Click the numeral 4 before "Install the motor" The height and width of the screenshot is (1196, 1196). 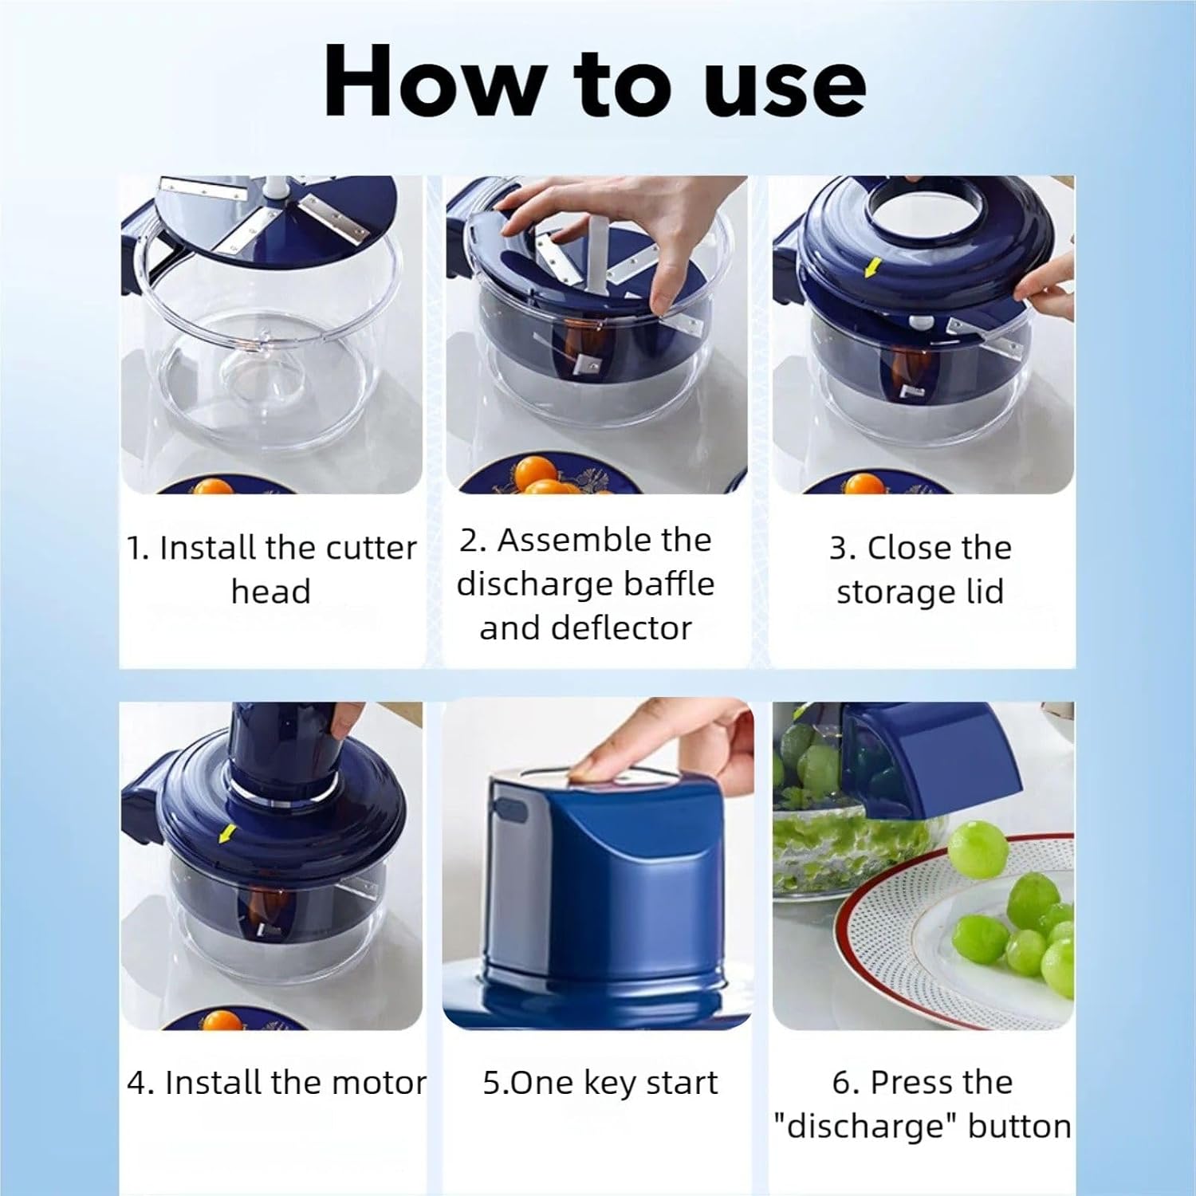[137, 1083]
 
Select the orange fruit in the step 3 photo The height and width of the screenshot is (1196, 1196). [864, 483]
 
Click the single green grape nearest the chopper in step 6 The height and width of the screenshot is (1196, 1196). [978, 851]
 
